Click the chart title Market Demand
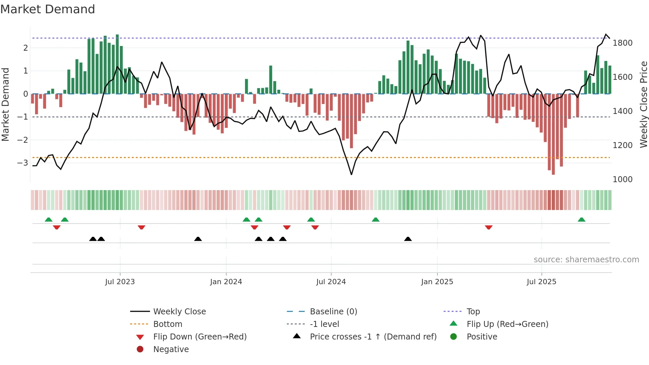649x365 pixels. click(48, 9)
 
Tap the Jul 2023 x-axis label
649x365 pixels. click(120, 282)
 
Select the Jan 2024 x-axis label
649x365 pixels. click(226, 282)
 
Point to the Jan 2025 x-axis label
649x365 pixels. click(437, 282)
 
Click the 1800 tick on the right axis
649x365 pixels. click(623, 43)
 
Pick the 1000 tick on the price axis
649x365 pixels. click(623, 180)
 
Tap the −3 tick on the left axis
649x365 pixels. click(23, 163)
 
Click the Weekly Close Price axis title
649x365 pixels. click(643, 104)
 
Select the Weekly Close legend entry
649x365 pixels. click(179, 312)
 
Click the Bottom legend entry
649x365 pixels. click(168, 324)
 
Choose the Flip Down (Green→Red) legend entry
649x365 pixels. click(200, 337)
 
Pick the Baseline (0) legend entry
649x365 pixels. click(333, 312)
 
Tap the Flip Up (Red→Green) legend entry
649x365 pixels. click(507, 324)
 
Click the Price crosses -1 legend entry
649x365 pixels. click(373, 337)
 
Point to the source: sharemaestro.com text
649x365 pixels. click(586, 260)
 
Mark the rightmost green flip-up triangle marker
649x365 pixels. click(581, 220)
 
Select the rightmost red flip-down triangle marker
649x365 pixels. click(489, 227)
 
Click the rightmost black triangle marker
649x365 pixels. click(408, 239)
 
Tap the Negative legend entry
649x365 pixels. click(171, 349)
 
